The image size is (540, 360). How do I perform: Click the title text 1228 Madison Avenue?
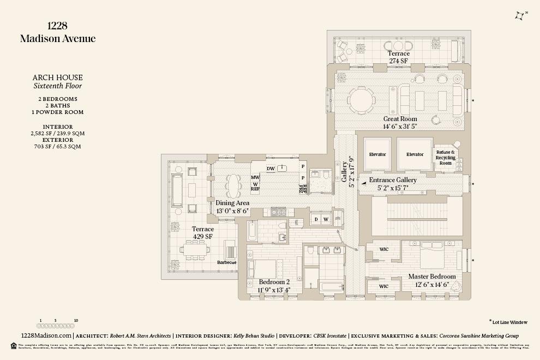(57, 33)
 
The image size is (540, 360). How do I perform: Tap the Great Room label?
(400, 119)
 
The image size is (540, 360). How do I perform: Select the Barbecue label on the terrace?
(226, 262)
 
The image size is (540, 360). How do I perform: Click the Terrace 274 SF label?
(398, 57)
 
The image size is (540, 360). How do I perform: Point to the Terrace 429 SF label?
(202, 233)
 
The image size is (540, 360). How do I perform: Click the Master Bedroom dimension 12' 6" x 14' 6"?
(431, 284)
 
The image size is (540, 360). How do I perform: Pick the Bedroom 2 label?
(274, 282)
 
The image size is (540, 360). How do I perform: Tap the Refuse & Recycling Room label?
(445, 158)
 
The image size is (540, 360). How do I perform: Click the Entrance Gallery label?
(393, 180)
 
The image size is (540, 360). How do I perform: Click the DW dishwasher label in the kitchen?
(271, 169)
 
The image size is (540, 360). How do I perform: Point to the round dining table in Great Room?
(361, 100)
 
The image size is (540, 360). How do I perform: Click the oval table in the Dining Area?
(232, 186)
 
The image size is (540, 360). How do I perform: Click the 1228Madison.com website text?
(45, 336)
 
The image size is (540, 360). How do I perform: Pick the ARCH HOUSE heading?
(57, 78)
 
